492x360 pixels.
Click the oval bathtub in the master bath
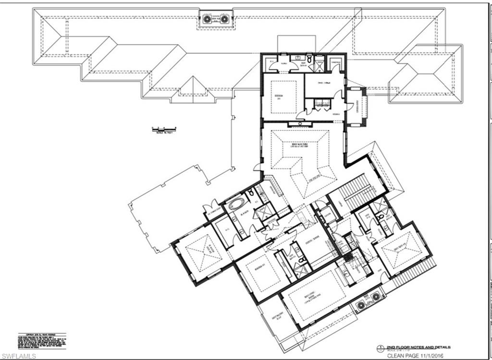[x=236, y=204]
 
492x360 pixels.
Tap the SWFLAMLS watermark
[x=16, y=355]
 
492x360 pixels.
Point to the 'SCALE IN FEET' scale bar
[x=163, y=129]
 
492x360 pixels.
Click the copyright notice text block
[x=42, y=340]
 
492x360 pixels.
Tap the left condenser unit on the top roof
[x=207, y=19]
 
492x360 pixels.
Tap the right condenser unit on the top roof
[x=224, y=19]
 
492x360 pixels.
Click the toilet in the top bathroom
[x=310, y=59]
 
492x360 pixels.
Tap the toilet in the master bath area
[x=251, y=193]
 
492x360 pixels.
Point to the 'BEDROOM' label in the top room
[x=278, y=96]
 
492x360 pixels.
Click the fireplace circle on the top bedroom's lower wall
[x=300, y=124]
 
